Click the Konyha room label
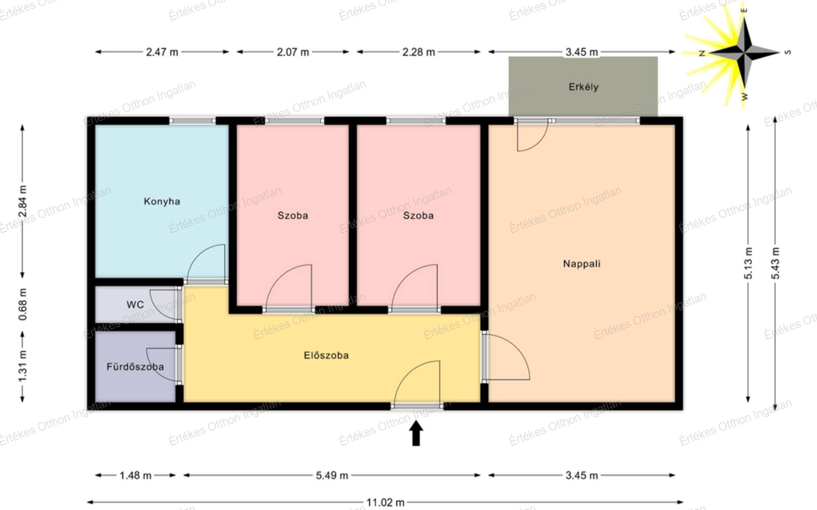162,201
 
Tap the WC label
135,305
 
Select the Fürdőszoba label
135,366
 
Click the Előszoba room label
326,355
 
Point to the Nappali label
582,263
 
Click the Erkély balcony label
583,87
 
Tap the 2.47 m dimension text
162,52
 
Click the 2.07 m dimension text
293,52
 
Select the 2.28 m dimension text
419,52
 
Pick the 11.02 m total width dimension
385,502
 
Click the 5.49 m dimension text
332,475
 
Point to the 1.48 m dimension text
135,475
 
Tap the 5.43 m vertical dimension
775,263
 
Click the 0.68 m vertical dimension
23,304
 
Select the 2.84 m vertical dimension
23,201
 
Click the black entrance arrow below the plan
416,433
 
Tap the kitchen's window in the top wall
192,121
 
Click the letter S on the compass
788,52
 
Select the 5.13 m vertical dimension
748,263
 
